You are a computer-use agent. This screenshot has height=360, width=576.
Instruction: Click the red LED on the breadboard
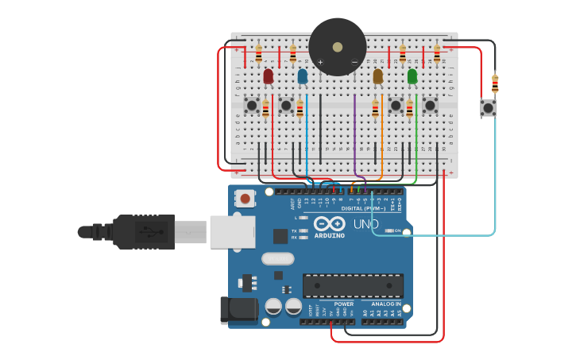[269, 75]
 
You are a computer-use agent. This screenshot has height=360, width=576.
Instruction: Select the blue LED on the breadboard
[303, 75]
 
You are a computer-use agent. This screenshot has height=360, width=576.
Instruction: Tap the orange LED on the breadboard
[378, 75]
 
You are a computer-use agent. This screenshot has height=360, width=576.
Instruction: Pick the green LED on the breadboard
[412, 75]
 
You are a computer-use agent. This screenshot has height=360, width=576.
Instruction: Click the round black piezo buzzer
[338, 47]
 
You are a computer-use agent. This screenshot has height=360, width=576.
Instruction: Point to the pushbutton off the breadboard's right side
[489, 107]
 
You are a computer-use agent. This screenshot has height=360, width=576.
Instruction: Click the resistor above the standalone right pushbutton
[495, 83]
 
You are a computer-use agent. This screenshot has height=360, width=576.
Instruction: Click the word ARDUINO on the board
[329, 235]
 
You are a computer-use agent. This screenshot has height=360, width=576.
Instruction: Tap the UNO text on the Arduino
[366, 225]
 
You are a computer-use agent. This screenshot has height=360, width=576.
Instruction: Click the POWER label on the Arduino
[344, 304]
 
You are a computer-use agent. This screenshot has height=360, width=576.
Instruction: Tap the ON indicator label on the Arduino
[397, 230]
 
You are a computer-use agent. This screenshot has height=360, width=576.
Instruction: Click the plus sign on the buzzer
[321, 62]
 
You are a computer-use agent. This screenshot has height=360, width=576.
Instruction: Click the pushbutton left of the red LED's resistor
[252, 105]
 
